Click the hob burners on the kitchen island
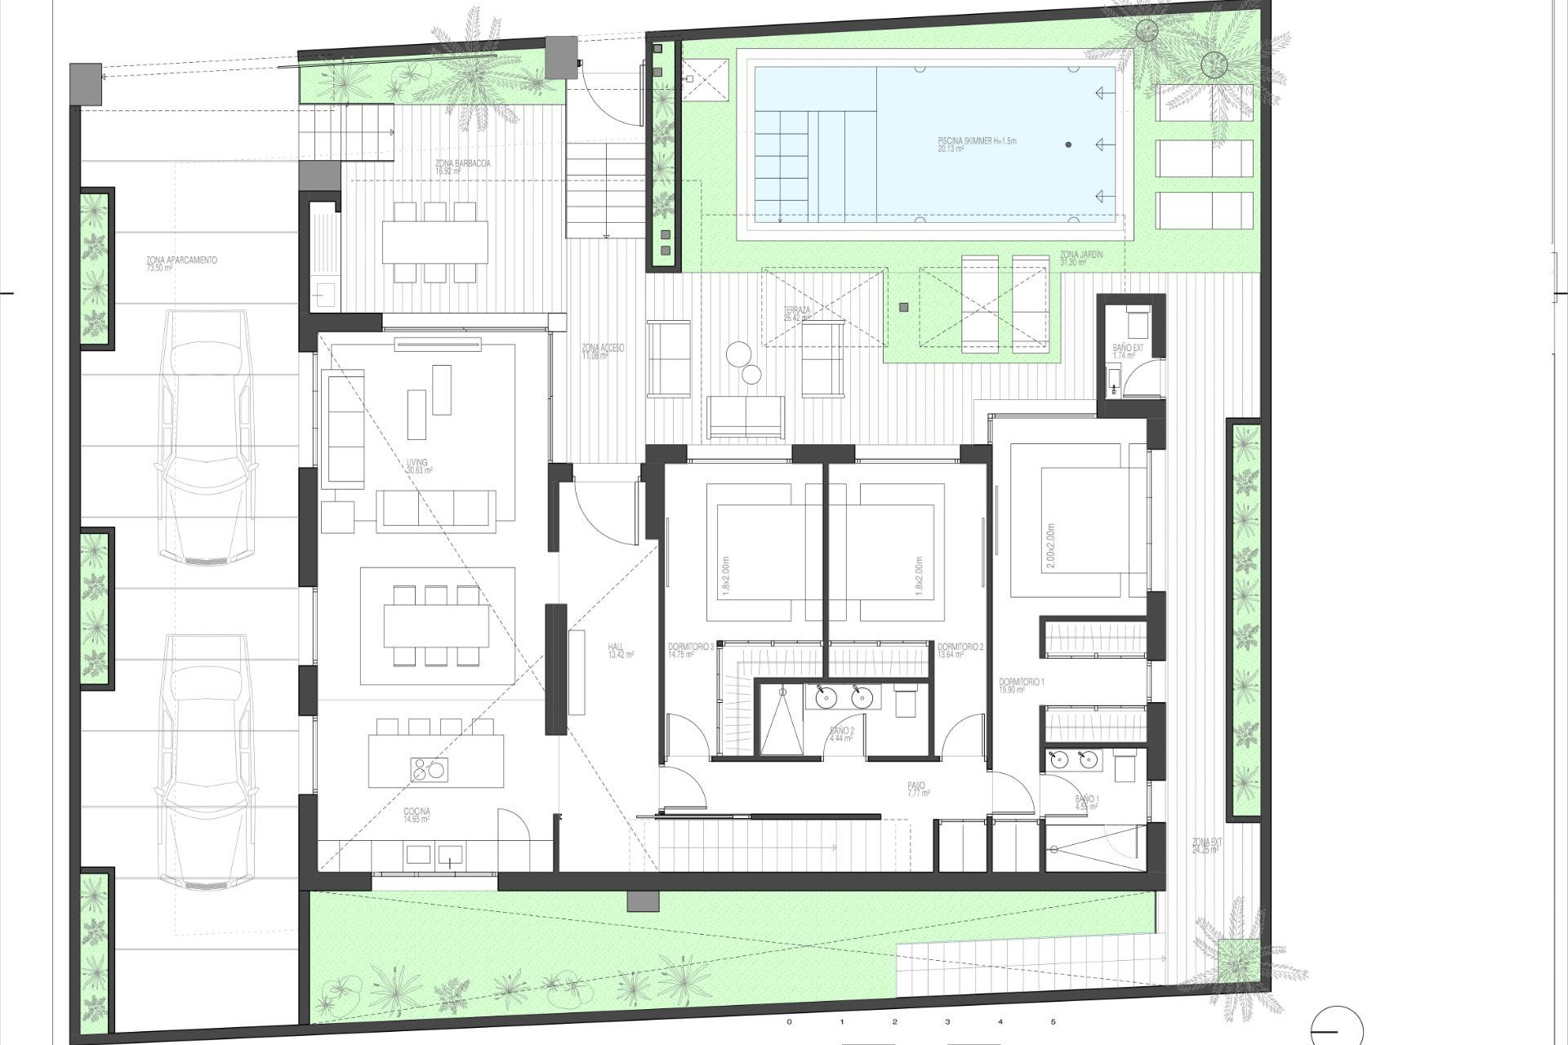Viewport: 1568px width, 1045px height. [428, 769]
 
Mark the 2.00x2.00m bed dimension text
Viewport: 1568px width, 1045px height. [1050, 545]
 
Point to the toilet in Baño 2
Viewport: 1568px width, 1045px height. [905, 700]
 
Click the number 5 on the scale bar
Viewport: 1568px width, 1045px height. [1053, 1021]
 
